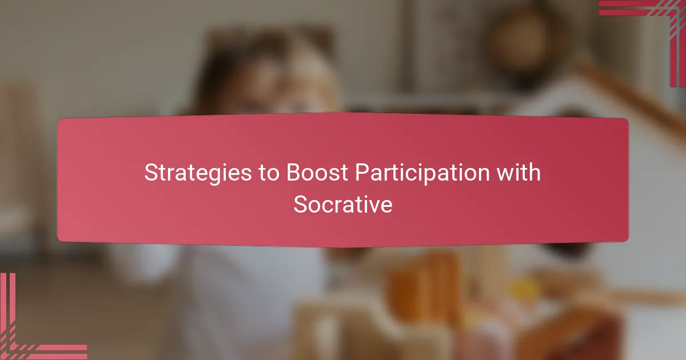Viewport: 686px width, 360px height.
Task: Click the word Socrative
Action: [343, 204]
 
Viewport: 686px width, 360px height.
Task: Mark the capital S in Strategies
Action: [150, 173]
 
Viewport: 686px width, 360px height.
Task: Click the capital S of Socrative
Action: [300, 204]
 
